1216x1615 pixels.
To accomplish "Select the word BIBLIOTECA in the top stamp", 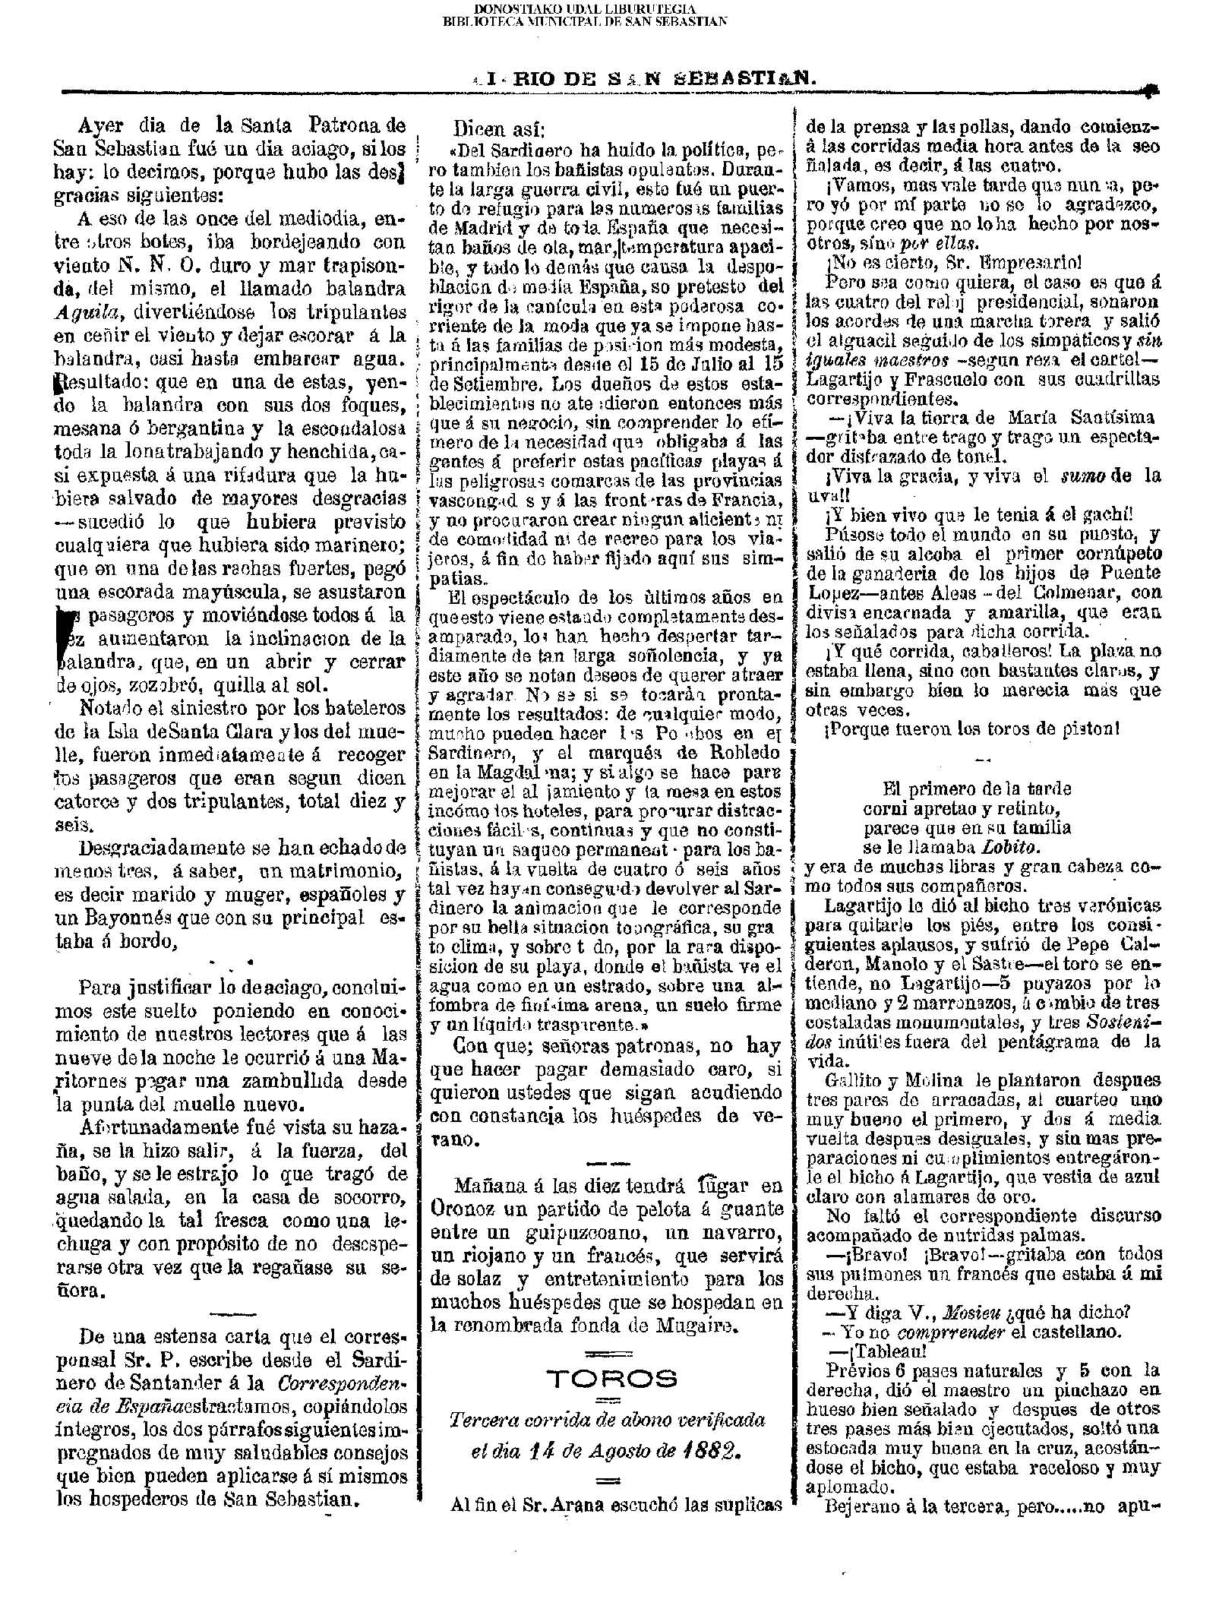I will click(x=476, y=21).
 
